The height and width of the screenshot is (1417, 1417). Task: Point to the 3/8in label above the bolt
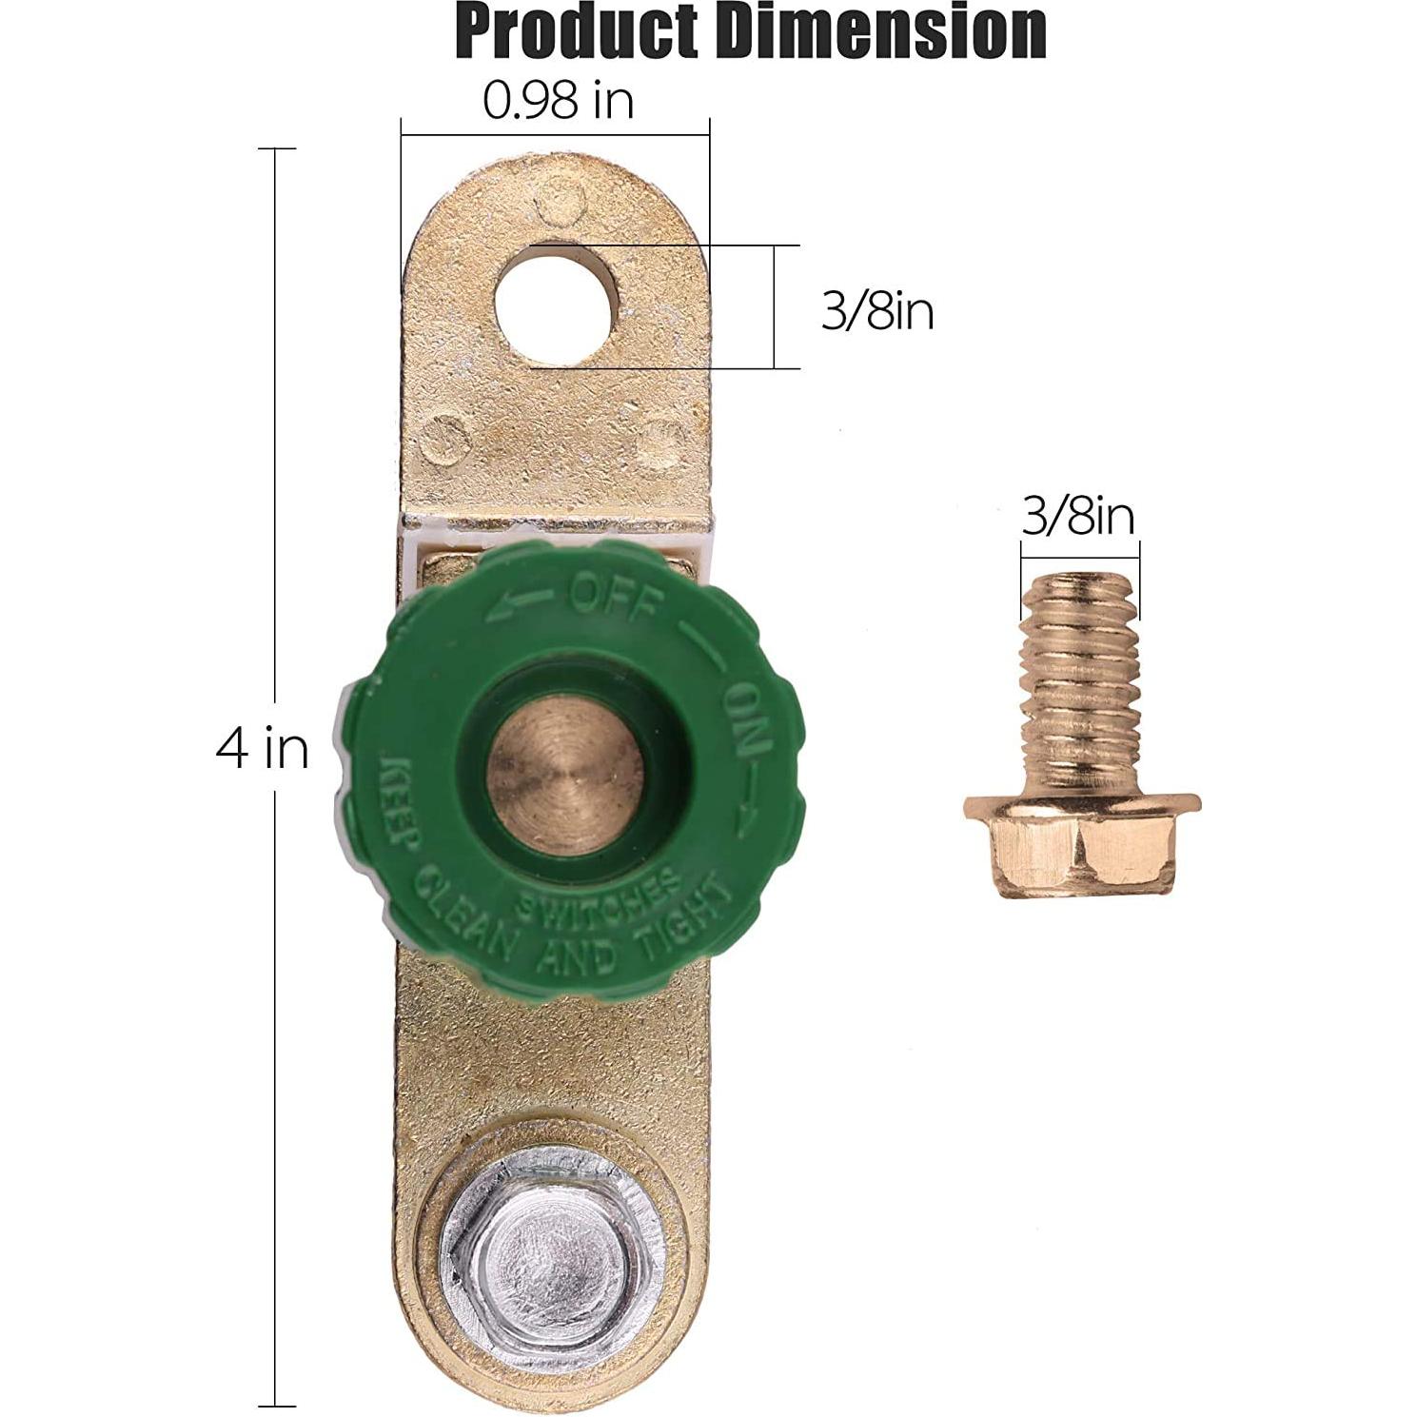tap(1078, 517)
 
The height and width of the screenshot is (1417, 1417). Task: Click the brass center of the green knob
tap(564, 774)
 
